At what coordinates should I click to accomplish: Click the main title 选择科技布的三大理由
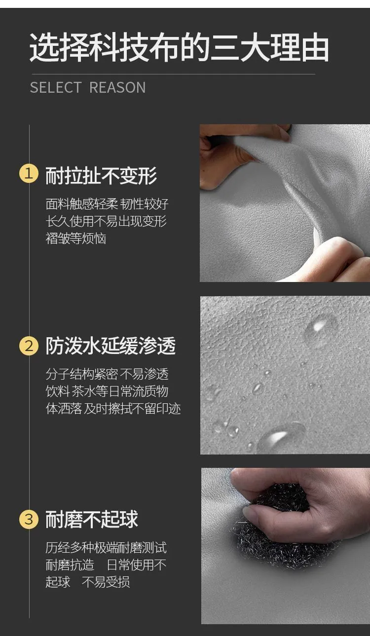pyautogui.click(x=179, y=47)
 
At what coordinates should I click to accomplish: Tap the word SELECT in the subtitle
pyautogui.click(x=56, y=87)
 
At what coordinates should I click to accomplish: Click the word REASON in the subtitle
pyautogui.click(x=117, y=87)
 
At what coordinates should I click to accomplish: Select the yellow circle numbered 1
pyautogui.click(x=29, y=173)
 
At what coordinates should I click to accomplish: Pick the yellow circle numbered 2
pyautogui.click(x=29, y=346)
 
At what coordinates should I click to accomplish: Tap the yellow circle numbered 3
pyautogui.click(x=29, y=519)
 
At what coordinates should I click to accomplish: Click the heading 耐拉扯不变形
pyautogui.click(x=101, y=176)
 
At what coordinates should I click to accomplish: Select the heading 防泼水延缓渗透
pyautogui.click(x=111, y=346)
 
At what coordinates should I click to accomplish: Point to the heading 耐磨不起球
pyautogui.click(x=92, y=519)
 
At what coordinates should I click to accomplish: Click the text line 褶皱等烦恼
pyautogui.click(x=76, y=239)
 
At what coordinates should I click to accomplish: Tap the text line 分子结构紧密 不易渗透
pyautogui.click(x=107, y=374)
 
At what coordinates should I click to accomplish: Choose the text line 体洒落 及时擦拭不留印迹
pyautogui.click(x=113, y=409)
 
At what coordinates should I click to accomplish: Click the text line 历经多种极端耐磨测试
pyautogui.click(x=106, y=547)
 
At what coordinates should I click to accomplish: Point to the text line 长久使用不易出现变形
pyautogui.click(x=106, y=221)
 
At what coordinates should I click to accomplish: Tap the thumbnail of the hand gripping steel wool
pyautogui.click(x=286, y=545)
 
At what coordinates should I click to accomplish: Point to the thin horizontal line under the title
pyautogui.click(x=173, y=74)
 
